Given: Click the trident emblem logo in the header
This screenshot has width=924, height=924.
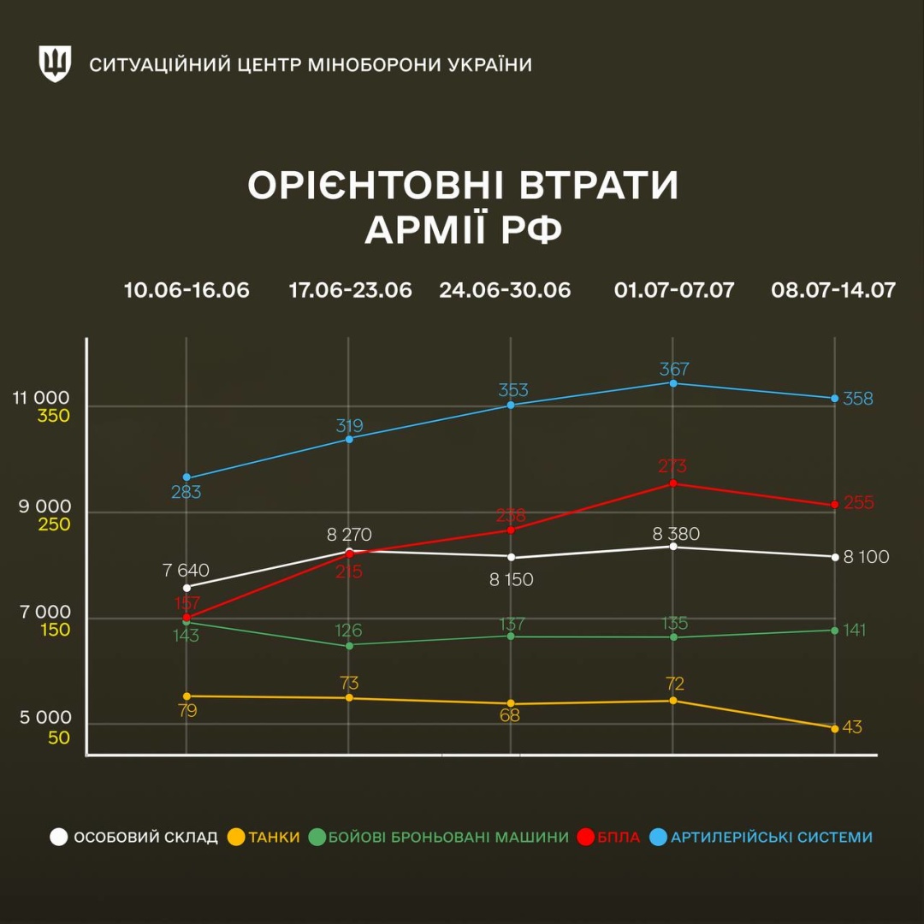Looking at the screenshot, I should pos(55,64).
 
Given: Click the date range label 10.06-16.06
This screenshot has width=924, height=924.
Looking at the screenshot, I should pos(187,290).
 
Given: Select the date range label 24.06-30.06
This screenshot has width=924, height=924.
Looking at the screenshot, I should pos(505,290).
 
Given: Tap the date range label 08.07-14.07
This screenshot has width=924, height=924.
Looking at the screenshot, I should pos(833,290).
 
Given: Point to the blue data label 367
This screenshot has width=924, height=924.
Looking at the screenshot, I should pos(674,370).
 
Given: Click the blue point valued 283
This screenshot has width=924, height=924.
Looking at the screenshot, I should pos(187,477).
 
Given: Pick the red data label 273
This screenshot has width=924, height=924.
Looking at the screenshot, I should pos(672,466).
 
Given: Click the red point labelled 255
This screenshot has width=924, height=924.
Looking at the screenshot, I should pos(834,505).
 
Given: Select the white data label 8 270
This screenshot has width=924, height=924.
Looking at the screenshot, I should pos(349,536).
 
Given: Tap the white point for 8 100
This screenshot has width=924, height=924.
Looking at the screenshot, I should pos(834,557).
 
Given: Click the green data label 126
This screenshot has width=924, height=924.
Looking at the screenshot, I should pos(348,631).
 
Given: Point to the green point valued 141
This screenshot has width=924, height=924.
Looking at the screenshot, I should pos(834,631).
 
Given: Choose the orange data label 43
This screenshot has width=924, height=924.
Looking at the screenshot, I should pos(852,727).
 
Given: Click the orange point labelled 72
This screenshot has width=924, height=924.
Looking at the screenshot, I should pos(672,701).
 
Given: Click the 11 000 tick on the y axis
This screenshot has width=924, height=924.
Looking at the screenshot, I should pos(41,398).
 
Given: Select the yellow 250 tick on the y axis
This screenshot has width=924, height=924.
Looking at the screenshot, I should pos(54,524).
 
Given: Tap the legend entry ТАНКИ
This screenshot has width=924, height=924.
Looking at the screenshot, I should pos(274,838).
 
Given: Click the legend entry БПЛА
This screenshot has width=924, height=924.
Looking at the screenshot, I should pos(618,838).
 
